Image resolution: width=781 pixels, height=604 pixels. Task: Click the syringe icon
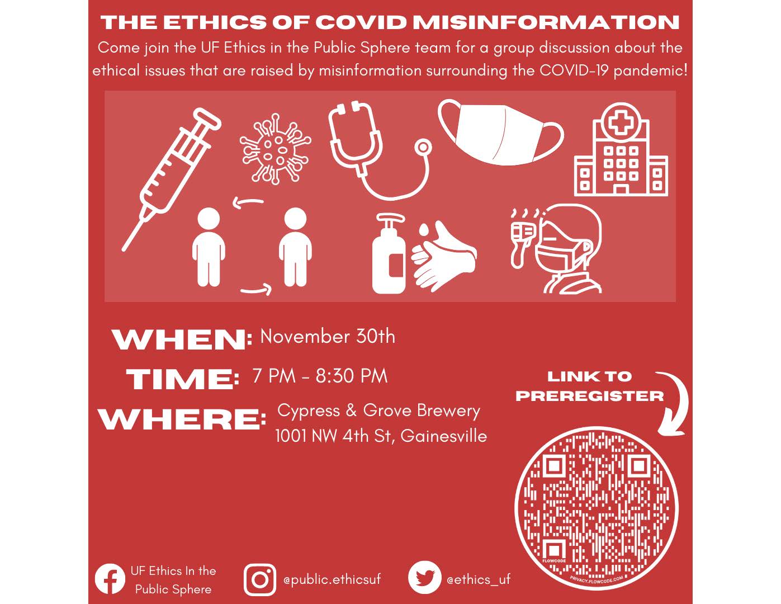(171, 180)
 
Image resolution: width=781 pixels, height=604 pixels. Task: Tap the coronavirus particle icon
(275, 149)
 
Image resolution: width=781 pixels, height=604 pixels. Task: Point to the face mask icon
(501, 133)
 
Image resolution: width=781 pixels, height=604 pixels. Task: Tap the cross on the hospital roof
(621, 122)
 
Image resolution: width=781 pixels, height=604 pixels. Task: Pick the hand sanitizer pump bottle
(389, 253)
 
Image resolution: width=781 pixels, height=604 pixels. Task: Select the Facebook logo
(110, 579)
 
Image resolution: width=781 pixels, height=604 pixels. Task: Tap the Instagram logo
(260, 579)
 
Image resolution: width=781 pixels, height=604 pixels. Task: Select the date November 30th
(328, 337)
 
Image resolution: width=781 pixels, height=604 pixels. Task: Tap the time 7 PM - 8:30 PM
(320, 376)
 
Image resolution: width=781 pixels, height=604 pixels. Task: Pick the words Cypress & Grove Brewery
(379, 411)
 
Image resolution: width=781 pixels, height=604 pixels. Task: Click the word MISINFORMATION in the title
(546, 22)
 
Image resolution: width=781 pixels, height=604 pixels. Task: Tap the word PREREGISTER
(590, 396)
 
